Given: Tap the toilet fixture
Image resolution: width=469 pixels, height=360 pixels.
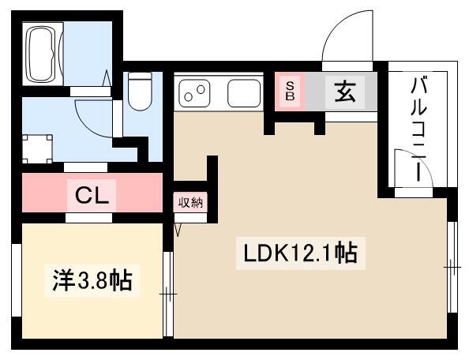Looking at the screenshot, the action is pyautogui.click(x=140, y=92).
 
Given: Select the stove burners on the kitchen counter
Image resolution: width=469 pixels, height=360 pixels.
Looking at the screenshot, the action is pyautogui.click(x=194, y=92).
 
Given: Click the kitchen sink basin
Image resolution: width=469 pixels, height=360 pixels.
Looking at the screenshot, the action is pyautogui.click(x=244, y=93).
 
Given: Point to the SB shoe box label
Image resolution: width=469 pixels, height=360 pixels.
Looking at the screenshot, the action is pyautogui.click(x=290, y=92).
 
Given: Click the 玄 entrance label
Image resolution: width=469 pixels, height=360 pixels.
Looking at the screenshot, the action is pyautogui.click(x=345, y=92).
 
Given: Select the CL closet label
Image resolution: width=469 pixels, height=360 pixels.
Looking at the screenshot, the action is pyautogui.click(x=92, y=196).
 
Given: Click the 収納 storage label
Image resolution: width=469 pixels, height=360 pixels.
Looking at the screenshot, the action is pyautogui.click(x=190, y=203).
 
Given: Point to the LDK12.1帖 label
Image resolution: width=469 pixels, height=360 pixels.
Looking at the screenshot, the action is pyautogui.click(x=301, y=253).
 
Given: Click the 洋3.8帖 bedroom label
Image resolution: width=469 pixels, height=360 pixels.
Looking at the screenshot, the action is pyautogui.click(x=92, y=281).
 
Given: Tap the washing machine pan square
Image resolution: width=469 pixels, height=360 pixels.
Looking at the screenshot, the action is pyautogui.click(x=38, y=149).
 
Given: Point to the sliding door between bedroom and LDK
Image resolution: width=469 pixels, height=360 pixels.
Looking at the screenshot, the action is pyautogui.click(x=169, y=294).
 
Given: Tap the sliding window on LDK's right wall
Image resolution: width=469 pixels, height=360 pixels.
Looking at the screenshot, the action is pyautogui.click(x=452, y=267).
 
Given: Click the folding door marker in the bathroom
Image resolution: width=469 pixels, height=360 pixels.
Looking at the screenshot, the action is pyautogui.click(x=107, y=78).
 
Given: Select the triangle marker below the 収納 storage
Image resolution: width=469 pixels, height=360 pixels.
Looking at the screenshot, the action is pyautogui.click(x=178, y=230).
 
